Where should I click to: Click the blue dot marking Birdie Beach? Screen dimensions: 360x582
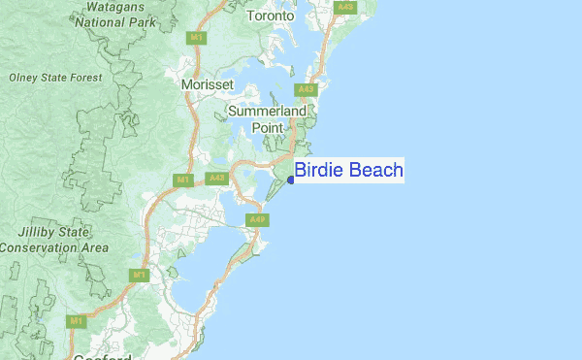tap(291, 180)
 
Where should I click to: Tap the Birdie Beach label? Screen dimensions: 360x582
tap(349, 171)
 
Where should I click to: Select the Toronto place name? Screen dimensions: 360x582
tap(271, 16)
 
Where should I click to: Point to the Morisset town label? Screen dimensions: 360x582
tap(208, 85)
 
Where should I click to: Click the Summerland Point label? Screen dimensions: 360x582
tap(267, 119)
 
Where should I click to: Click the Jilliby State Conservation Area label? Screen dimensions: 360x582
tap(54, 240)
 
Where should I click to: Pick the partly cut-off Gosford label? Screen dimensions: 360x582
tap(101, 356)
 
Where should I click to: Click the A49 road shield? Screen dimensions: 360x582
tap(257, 220)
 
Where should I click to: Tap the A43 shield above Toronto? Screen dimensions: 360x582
tap(345, 7)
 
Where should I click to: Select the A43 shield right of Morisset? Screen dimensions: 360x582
tap(307, 89)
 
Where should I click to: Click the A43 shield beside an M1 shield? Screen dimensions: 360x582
tap(216, 179)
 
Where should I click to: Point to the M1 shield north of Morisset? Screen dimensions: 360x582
tap(197, 37)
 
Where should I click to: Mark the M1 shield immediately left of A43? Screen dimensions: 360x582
tap(183, 180)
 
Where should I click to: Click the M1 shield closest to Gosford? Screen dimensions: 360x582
tap(77, 320)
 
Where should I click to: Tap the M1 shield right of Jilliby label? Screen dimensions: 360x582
tap(140, 275)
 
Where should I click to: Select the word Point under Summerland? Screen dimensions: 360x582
tap(268, 128)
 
